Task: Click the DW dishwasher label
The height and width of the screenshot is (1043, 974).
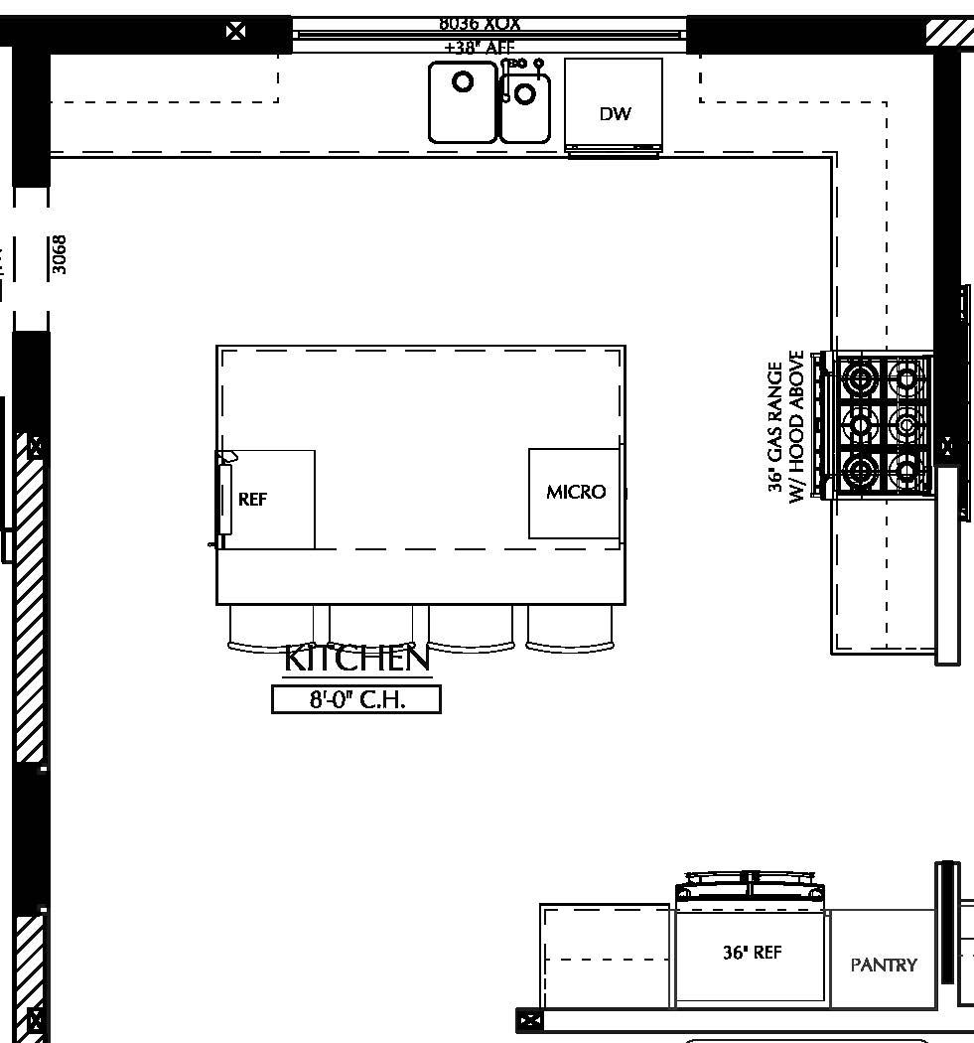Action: point(615,114)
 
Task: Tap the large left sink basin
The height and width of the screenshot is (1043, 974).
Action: point(463,101)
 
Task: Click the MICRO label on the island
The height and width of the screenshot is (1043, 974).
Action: point(576,492)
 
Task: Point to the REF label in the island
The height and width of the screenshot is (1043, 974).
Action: point(253,500)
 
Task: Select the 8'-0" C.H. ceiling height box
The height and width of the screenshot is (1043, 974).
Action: point(356,699)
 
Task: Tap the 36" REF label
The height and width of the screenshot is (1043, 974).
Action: point(752,953)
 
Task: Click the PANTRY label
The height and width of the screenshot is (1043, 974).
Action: point(884,965)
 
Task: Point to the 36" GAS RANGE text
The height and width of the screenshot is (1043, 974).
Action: point(775,427)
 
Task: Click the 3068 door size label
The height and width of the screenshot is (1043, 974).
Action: point(60,254)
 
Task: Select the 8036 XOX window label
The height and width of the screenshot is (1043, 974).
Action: point(480,23)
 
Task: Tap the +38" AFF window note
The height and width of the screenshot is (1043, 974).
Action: point(480,47)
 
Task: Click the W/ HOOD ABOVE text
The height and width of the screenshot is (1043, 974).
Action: point(796,427)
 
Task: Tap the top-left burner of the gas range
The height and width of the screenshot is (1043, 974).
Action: point(858,378)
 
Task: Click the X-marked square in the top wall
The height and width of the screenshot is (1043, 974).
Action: point(236,31)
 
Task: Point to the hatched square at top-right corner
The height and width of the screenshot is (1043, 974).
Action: point(950,32)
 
